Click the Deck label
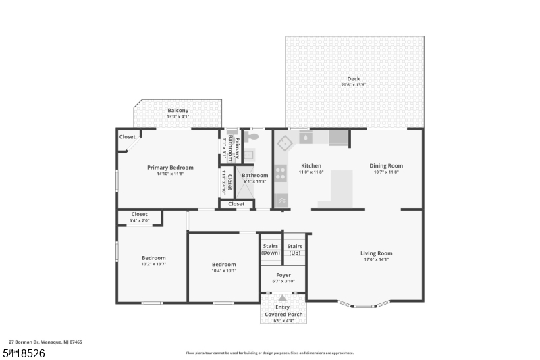(x=354, y=79)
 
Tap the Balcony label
(x=178, y=111)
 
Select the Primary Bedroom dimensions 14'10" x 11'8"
(x=170, y=174)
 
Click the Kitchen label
(x=310, y=165)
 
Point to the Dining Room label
(x=385, y=165)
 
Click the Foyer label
(x=283, y=275)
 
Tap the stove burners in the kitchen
(x=281, y=172)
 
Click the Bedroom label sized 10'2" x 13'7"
(x=153, y=258)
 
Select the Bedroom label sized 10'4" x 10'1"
(x=223, y=265)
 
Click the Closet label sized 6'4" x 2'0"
(x=140, y=214)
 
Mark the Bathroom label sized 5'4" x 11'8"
(x=255, y=176)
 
